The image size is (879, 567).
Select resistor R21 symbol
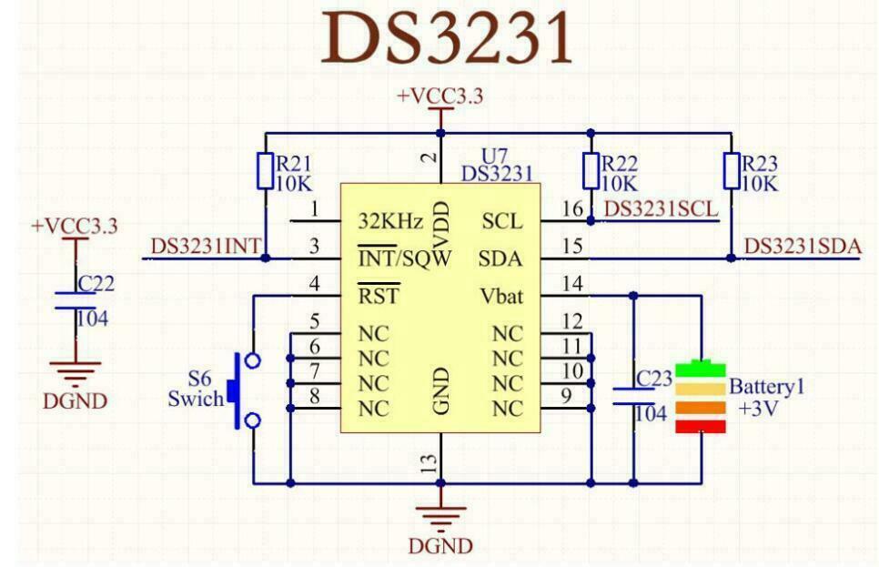pos(264,171)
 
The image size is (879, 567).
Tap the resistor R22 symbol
pos(591,171)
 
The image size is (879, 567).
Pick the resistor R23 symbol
pos(732,171)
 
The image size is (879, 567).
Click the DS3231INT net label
pos(206,246)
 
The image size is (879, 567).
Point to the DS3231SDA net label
pos(802,246)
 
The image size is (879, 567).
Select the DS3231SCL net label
pos(662,209)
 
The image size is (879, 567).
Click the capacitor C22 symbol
pos(76,300)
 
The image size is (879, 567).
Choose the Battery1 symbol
pos(701,398)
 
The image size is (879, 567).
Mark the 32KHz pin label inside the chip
pos(390,221)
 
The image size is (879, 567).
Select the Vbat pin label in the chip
pos(501,296)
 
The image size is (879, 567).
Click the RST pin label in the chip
pos(379,296)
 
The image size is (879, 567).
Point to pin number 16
pos(571,209)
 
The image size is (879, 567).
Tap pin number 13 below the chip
pos(430,464)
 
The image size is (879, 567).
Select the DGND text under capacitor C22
pos(75,401)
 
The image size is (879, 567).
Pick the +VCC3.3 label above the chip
pos(440,96)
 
